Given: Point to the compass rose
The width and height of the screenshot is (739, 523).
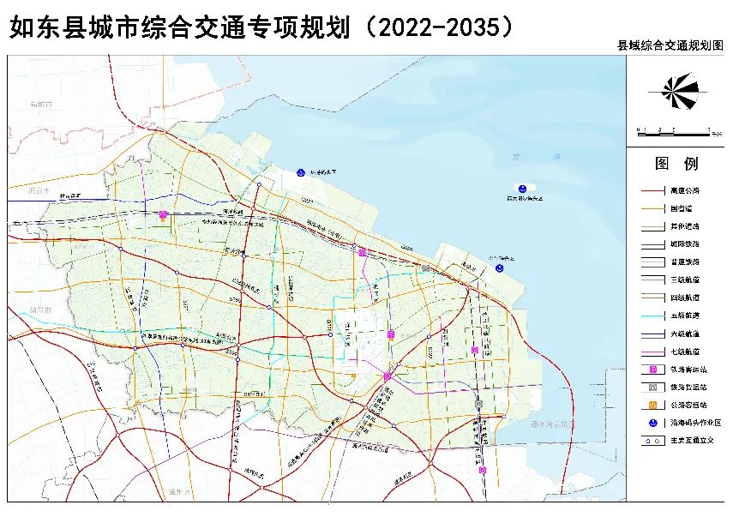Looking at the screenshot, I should pos(676,87).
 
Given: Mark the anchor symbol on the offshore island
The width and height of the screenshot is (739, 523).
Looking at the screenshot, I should pos(521,188).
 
